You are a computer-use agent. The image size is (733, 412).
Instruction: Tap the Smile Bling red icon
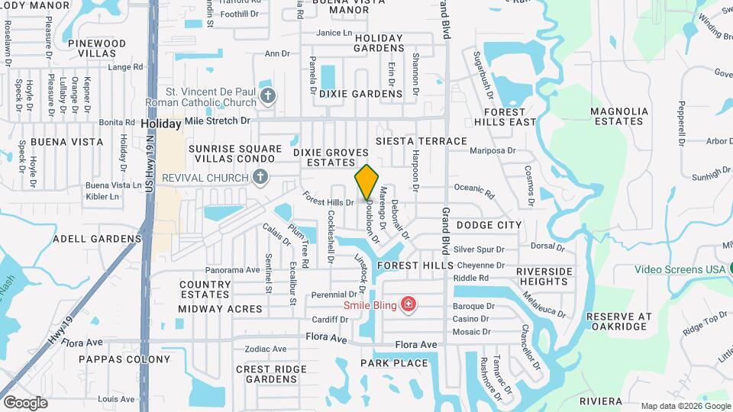[x=408, y=305]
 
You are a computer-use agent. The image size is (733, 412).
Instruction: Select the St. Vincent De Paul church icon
[x=267, y=95]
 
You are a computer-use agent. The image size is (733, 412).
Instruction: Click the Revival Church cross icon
[x=260, y=178]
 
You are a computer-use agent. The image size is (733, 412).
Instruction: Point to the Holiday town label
[x=161, y=123]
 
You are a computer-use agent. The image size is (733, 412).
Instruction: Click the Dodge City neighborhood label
[x=489, y=225]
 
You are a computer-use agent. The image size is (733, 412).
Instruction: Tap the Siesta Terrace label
[x=421, y=141]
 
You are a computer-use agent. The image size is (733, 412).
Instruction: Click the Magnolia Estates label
[x=619, y=116]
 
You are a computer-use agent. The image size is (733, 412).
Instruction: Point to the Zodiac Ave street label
[x=266, y=349]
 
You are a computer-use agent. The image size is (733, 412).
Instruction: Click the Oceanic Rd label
[x=474, y=189]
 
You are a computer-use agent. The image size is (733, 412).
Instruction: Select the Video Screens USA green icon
[x=729, y=269]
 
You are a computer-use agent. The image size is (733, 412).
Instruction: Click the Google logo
[x=25, y=402]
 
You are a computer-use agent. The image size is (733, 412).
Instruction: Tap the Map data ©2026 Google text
[x=684, y=406]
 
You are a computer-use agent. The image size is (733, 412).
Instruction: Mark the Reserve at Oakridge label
[x=620, y=321]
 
